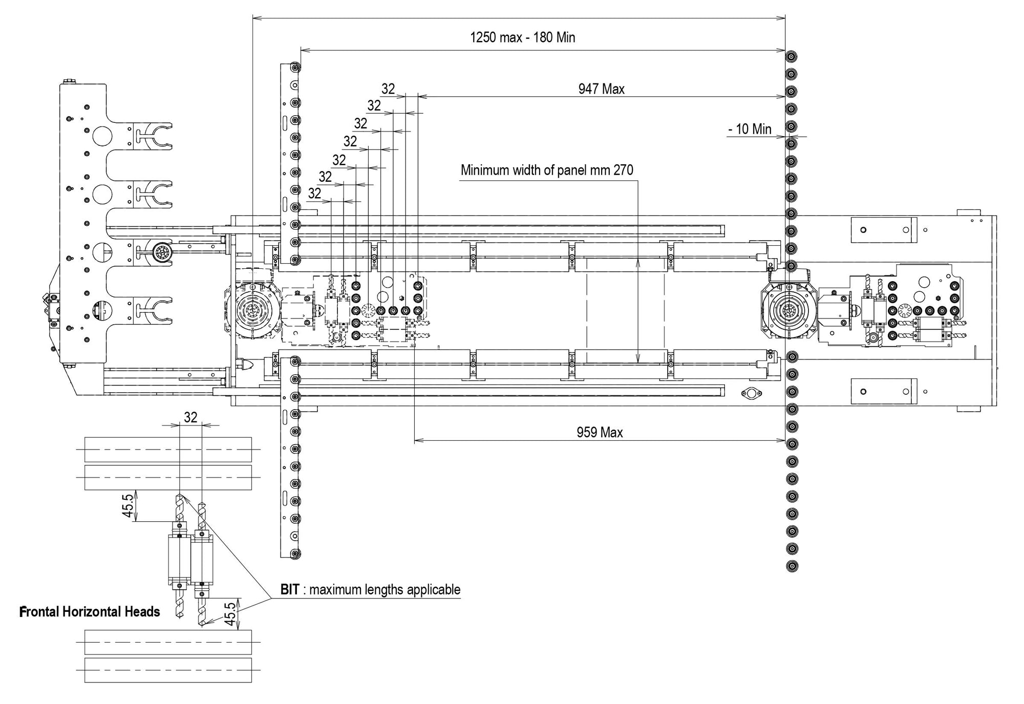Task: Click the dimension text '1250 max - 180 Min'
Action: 522,38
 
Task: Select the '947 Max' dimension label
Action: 601,89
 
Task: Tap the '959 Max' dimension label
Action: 600,433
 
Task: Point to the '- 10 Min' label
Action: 750,129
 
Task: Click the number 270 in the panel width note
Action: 623,170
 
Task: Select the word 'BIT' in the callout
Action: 289,590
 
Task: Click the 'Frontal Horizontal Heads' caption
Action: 90,612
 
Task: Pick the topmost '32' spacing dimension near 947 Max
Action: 388,89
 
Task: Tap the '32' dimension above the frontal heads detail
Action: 190,417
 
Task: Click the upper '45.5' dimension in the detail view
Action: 128,504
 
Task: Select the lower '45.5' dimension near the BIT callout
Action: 230,613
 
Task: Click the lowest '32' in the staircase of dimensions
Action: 314,194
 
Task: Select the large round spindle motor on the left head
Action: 252,311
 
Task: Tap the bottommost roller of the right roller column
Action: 792,566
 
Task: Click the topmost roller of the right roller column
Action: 792,56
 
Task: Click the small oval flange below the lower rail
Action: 751,393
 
